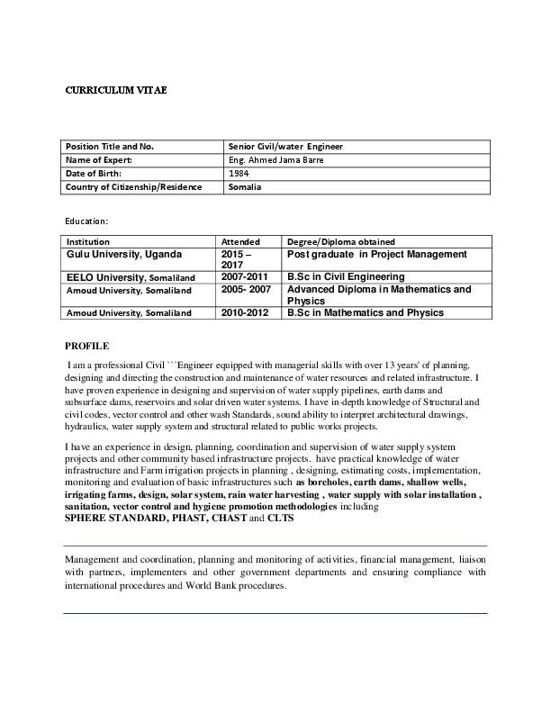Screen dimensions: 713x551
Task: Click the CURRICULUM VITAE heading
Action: (x=115, y=91)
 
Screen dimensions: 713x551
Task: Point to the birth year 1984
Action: (x=239, y=174)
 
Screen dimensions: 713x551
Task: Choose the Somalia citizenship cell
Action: (x=245, y=187)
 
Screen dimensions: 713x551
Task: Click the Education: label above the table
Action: (x=87, y=220)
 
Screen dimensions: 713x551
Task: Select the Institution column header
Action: (x=88, y=242)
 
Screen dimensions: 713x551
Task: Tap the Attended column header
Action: (x=240, y=242)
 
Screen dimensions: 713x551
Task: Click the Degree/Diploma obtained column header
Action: (x=335, y=242)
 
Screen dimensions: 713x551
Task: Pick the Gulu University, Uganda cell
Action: (x=124, y=255)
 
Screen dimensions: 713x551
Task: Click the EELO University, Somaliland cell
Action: (x=126, y=277)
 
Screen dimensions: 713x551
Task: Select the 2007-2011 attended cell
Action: (x=245, y=277)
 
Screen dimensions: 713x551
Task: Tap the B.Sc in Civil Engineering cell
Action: (x=346, y=277)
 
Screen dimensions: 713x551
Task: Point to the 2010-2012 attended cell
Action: (x=245, y=313)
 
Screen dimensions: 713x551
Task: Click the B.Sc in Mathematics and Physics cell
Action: (x=365, y=313)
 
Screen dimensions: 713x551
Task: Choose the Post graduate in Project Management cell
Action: (x=376, y=255)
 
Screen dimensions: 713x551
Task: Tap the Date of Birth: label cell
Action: (x=95, y=174)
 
